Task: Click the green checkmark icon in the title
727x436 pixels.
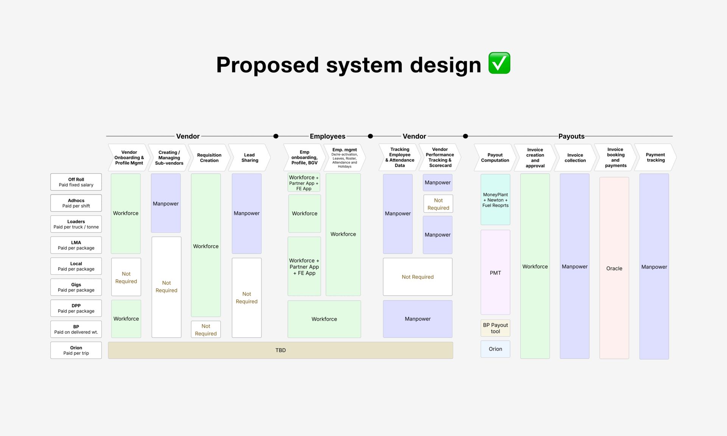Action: click(x=499, y=63)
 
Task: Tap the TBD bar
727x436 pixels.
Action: click(x=280, y=350)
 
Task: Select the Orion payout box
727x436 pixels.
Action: click(x=495, y=349)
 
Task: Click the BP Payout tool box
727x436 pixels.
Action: click(x=495, y=328)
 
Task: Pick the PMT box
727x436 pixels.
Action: click(x=495, y=272)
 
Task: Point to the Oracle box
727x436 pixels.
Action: click(x=614, y=268)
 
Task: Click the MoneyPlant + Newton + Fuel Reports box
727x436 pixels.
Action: click(x=495, y=199)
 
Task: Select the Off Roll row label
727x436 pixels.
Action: click(x=76, y=182)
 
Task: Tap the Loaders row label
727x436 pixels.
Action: click(x=76, y=224)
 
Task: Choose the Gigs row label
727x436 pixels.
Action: click(x=76, y=287)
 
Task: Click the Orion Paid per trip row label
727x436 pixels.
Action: click(x=76, y=350)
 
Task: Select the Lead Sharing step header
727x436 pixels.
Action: click(x=250, y=157)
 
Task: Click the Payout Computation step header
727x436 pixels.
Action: click(x=495, y=157)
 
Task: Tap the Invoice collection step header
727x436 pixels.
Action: click(x=575, y=157)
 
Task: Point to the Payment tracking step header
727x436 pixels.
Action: click(x=655, y=157)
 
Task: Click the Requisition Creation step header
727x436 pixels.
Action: click(x=209, y=157)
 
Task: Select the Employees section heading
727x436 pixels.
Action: click(x=328, y=136)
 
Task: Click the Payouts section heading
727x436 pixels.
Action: click(x=571, y=136)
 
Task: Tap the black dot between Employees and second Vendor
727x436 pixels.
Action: click(x=370, y=136)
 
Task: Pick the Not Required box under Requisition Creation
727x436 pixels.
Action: click(x=206, y=329)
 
